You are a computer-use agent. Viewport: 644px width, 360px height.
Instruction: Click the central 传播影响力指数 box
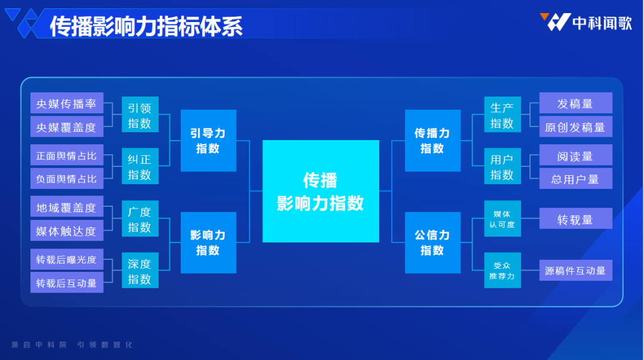tap(321, 191)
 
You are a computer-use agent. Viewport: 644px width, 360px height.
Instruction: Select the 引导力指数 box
tap(208, 141)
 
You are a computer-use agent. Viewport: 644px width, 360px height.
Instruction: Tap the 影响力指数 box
tap(208, 243)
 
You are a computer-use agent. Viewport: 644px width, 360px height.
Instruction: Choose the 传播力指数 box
tap(432, 141)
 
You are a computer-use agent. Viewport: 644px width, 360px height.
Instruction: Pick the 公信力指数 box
tap(432, 243)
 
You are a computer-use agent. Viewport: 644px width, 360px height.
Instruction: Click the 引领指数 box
tap(140, 114)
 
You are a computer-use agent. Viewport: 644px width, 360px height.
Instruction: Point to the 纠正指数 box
tap(140, 166)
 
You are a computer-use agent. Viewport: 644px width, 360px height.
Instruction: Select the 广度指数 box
tap(140, 219)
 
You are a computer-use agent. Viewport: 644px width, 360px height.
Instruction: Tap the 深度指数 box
tap(140, 271)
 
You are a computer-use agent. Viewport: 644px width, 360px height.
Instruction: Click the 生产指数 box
tap(502, 114)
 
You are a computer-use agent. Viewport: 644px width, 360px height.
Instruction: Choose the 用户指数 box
tap(502, 166)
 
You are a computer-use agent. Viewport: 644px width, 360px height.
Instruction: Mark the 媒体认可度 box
tap(502, 219)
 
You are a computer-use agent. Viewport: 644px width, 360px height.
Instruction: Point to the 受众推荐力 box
tap(502, 271)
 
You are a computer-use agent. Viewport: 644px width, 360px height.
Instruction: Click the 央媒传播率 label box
tap(67, 103)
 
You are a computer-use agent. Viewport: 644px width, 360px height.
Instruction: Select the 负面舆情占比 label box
tap(67, 179)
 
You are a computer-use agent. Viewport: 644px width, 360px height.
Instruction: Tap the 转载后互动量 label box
tap(67, 283)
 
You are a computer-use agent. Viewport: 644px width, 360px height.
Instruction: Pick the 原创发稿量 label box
tap(575, 127)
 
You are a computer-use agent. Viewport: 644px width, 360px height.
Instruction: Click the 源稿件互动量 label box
tap(575, 270)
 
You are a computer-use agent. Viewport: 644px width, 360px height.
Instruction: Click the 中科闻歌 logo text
tap(602, 23)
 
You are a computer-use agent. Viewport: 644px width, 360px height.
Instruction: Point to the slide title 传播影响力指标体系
tap(146, 26)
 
